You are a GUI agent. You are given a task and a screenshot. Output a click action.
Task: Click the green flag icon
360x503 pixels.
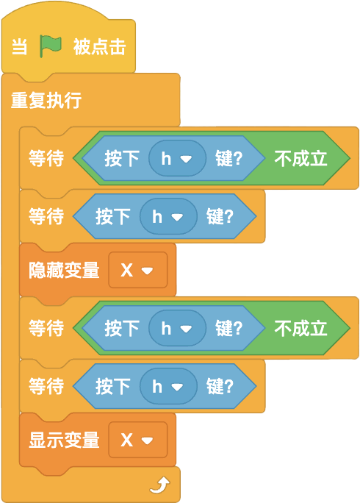[x=51, y=46]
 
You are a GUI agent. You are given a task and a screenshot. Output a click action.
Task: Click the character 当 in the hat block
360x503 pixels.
[x=20, y=46]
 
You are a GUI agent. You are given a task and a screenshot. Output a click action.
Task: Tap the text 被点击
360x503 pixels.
[x=99, y=46]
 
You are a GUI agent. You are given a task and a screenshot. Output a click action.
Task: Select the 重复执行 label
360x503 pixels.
[x=46, y=100]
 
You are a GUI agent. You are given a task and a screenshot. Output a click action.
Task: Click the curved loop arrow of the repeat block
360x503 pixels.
[x=160, y=485]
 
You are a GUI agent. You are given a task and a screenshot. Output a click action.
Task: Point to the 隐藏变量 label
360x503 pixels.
[x=64, y=270]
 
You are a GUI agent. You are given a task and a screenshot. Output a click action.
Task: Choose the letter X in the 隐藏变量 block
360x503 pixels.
[x=126, y=270]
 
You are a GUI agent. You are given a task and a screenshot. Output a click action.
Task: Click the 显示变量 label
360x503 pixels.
[x=64, y=440]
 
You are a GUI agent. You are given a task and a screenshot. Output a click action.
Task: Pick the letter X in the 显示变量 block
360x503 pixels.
[x=126, y=440]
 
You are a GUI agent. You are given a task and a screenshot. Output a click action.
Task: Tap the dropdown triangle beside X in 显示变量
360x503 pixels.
[x=147, y=440]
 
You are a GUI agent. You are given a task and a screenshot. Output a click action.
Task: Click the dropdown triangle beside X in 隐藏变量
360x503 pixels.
[x=147, y=271]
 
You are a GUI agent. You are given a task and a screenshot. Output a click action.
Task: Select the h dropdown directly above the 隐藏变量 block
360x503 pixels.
[x=168, y=216]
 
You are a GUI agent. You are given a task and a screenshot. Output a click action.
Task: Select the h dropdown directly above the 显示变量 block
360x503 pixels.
[x=168, y=386]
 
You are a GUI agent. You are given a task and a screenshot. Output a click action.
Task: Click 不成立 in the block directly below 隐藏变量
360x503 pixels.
[x=300, y=328]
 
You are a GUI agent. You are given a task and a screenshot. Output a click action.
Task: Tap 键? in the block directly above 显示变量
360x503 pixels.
[x=220, y=386]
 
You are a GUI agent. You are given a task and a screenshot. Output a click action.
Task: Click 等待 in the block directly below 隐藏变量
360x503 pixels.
[x=46, y=328]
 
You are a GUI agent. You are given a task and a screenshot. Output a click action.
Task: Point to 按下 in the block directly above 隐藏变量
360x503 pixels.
[x=113, y=216]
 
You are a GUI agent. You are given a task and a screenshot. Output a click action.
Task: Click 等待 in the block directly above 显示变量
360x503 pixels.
[x=46, y=386]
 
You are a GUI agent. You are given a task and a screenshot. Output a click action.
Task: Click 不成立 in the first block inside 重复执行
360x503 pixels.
[x=300, y=158]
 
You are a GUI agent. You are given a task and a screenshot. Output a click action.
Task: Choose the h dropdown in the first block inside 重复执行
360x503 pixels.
[x=177, y=158]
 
